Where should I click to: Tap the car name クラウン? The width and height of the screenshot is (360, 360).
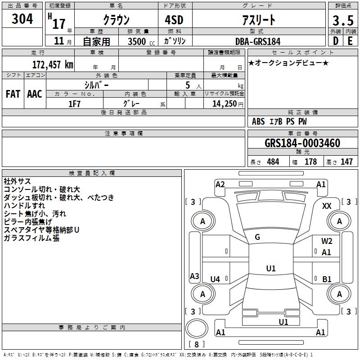[116, 20]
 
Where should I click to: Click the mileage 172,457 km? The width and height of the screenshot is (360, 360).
[53, 64]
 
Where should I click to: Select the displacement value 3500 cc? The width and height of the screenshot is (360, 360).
[138, 41]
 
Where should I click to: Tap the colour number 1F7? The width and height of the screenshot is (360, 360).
[74, 103]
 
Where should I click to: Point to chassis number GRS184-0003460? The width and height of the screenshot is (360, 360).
[302, 143]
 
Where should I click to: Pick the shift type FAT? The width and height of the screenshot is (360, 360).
[13, 94]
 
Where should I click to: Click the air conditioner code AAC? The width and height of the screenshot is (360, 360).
[34, 94]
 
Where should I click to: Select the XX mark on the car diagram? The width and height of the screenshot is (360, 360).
[327, 206]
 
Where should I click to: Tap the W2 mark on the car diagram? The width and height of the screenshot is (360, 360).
[327, 241]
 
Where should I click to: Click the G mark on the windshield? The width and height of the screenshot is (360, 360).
[257, 237]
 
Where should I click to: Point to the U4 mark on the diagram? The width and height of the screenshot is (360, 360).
[215, 279]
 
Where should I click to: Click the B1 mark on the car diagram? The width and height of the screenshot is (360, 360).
[327, 279]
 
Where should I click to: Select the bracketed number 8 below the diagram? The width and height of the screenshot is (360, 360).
[196, 344]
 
